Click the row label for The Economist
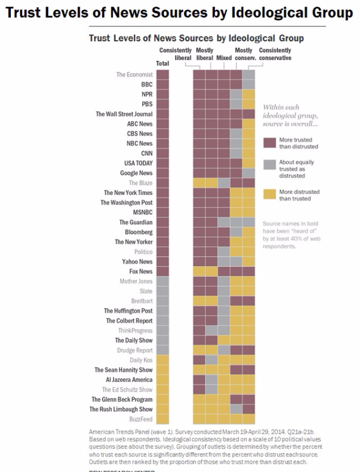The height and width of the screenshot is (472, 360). [134, 75]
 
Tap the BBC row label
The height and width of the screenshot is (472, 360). [146, 85]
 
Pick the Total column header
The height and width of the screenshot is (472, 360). [163, 63]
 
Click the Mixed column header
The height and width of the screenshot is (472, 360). [224, 58]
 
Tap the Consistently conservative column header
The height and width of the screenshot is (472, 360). [275, 54]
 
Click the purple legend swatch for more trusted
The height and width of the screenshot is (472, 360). [269, 143]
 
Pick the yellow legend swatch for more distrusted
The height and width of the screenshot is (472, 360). [269, 191]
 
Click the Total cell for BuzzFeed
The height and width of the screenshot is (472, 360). [163, 419]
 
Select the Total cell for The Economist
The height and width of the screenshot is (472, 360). [163, 75]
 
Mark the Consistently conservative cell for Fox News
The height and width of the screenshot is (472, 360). [248, 272]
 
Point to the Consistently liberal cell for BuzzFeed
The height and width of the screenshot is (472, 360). [199, 419]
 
